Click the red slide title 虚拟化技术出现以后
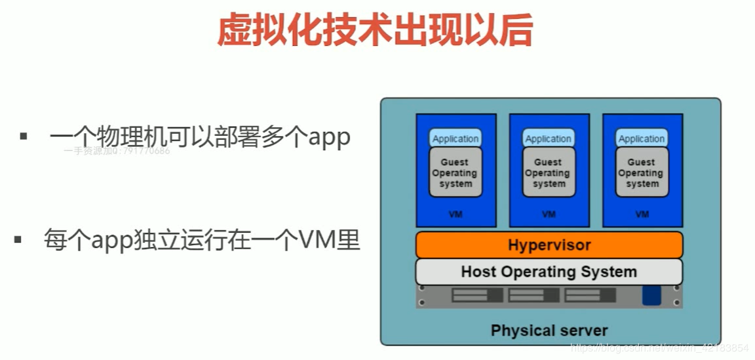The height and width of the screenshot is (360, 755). click(375, 31)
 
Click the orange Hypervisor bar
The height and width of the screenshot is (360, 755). click(549, 245)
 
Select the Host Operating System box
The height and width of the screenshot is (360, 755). click(549, 271)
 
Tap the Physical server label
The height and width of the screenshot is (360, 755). click(549, 330)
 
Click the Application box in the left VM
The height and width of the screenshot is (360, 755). click(455, 138)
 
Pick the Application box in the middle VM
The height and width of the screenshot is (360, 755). click(549, 138)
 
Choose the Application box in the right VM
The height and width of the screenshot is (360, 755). click(642, 138)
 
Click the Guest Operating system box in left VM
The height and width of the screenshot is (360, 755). click(455, 172)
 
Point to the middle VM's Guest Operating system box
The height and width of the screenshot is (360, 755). click(549, 172)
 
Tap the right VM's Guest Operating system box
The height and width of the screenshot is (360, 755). click(642, 172)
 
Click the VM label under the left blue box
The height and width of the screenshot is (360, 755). click(455, 214)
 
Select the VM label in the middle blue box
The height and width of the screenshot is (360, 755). click(549, 214)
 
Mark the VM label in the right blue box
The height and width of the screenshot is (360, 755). click(642, 214)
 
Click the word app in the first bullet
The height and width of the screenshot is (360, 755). click(329, 138)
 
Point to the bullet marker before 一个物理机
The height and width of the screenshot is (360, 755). click(24, 136)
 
